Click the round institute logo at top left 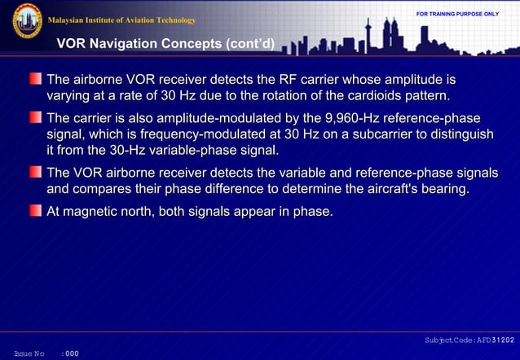click(27, 21)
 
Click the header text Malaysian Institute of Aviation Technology click(122, 20)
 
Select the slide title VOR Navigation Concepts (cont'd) click(164, 42)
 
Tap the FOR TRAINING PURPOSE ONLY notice click(457, 14)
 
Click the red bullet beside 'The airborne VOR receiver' click(36, 80)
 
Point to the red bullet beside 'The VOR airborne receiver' click(36, 172)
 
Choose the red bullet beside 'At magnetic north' click(36, 211)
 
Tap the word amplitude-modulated click(215, 117)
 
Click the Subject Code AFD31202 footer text click(469, 339)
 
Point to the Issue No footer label click(29, 353)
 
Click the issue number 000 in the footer click(72, 353)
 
